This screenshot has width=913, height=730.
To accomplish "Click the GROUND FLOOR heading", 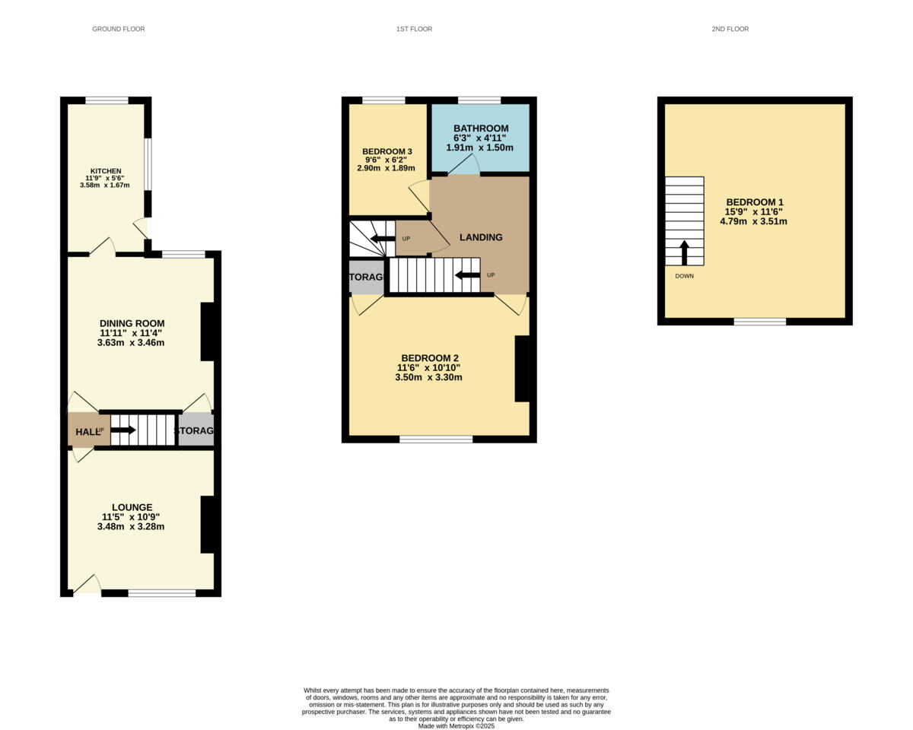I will pos(118,29).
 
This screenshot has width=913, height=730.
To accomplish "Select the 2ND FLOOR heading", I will pos(730,29).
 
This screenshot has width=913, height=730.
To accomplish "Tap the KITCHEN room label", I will pos(106,171).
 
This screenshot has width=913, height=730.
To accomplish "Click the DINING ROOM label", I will pos(132,323).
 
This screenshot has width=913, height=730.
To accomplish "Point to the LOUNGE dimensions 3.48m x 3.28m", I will pos(131,526).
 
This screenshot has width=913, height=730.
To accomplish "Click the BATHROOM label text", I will pos(480,129).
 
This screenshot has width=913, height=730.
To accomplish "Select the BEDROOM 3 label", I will pos(387,151).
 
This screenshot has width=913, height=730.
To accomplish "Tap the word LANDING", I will pos(481,237).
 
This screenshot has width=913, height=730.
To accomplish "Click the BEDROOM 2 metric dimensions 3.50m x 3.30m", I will pos(428,377).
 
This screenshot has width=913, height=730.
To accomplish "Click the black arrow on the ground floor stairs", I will pos(123,430).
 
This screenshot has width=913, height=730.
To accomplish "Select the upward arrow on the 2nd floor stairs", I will pos(684,252).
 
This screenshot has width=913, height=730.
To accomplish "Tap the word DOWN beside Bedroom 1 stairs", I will pos(684,276).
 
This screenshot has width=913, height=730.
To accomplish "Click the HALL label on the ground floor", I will pos(86,432).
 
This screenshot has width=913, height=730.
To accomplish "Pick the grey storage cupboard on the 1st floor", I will pos(367,277).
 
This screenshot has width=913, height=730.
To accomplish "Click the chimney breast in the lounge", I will pos(208,525).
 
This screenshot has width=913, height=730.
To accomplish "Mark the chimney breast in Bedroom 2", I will pos(522,368).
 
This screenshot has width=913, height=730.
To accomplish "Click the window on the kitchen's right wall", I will pos(148,165).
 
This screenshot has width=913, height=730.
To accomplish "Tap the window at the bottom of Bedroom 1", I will pos(759,322).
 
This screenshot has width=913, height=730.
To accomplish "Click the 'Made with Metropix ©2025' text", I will pos(456,726).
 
